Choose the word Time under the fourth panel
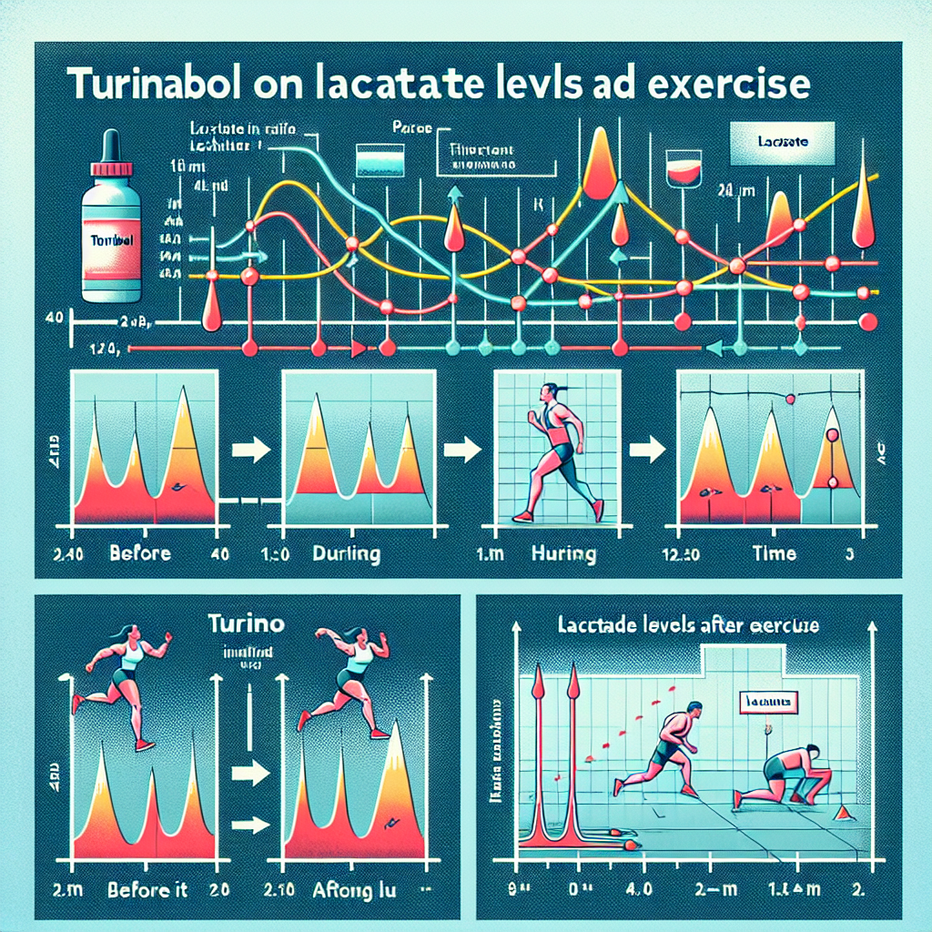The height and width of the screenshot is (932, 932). pos(774,552)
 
